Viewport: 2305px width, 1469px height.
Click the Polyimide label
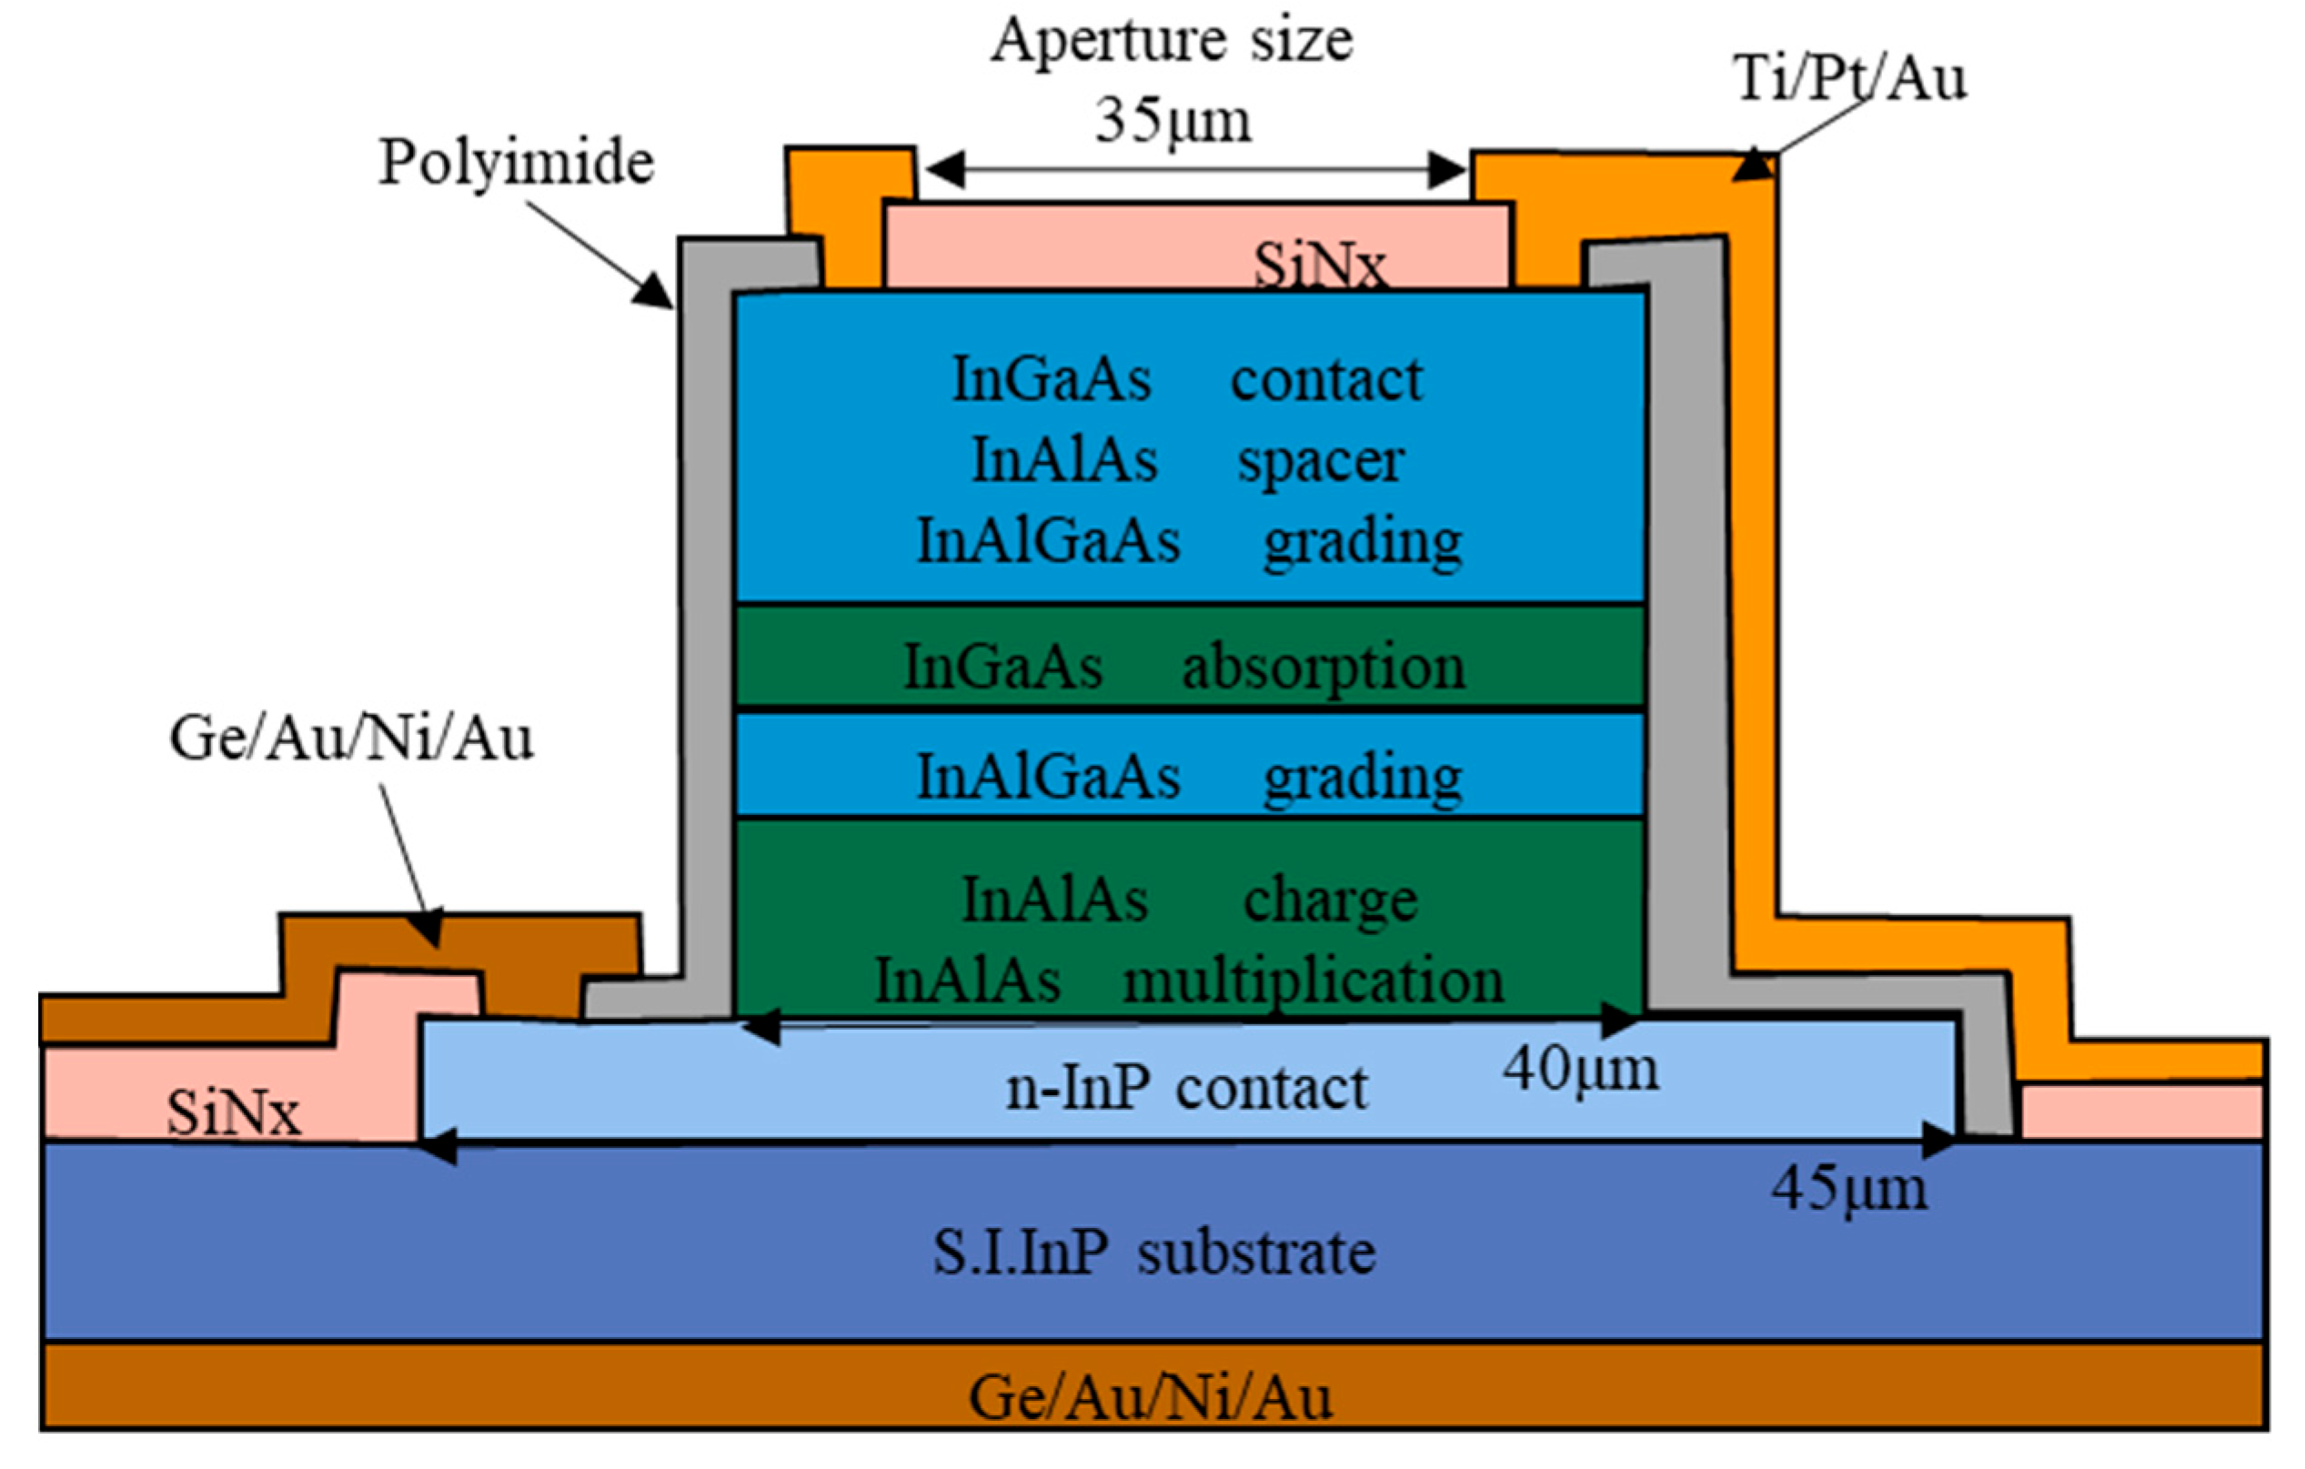pyautogui.click(x=517, y=162)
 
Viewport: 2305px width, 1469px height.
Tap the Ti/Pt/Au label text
pyautogui.click(x=1849, y=78)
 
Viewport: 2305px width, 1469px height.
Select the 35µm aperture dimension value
pyautogui.click(x=1173, y=122)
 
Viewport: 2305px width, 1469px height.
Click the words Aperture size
pyautogui.click(x=1172, y=41)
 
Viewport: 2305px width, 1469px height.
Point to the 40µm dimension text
pyautogui.click(x=1580, y=1070)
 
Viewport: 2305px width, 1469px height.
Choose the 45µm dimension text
pyautogui.click(x=1848, y=1189)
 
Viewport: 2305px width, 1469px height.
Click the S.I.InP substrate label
pyautogui.click(x=1154, y=1253)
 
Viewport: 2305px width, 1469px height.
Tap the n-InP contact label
pyautogui.click(x=1186, y=1088)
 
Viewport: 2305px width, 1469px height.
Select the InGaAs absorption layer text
pyautogui.click(x=1184, y=667)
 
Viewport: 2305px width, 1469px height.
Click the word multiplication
pyautogui.click(x=1314, y=981)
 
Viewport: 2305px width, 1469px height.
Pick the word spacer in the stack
pyautogui.click(x=1320, y=461)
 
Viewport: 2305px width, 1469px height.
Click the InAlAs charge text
pyautogui.click(x=1189, y=901)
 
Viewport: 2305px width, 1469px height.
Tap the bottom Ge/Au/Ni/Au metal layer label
pyautogui.click(x=1151, y=1398)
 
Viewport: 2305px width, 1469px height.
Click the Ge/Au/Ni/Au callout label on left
pyautogui.click(x=350, y=739)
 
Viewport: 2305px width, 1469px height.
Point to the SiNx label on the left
pyautogui.click(x=234, y=1113)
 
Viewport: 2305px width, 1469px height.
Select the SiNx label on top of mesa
pyautogui.click(x=1320, y=265)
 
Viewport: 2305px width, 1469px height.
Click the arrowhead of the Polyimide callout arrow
pyautogui.click(x=655, y=292)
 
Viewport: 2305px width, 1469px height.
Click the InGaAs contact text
pyautogui.click(x=1187, y=380)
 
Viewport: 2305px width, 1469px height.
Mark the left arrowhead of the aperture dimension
pyautogui.click(x=943, y=170)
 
